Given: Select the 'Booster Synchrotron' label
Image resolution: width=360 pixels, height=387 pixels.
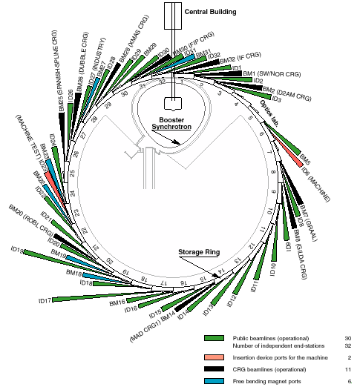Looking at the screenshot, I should click(x=171, y=123).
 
